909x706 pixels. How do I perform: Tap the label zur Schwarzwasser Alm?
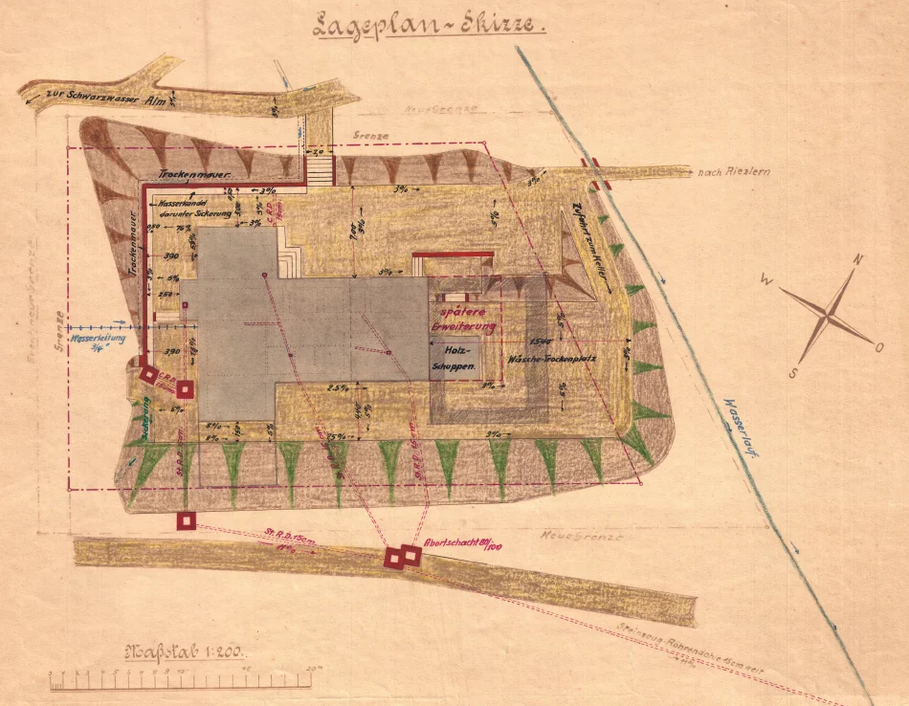pos(96,96)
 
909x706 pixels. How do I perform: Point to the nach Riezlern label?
pos(734,172)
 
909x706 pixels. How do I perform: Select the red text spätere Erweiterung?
pos(465,320)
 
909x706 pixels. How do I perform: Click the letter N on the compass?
pos(858,260)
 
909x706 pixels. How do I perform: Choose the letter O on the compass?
pos(879,347)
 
